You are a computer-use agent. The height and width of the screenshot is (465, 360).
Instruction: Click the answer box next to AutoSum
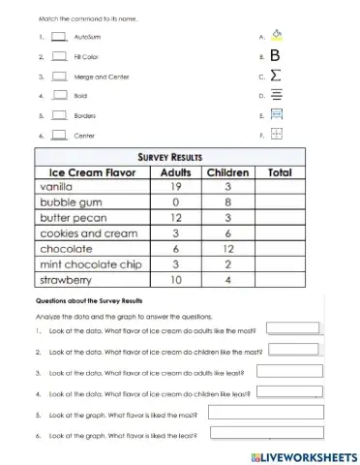[58, 37]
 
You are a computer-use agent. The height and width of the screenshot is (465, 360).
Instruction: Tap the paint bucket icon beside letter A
[277, 36]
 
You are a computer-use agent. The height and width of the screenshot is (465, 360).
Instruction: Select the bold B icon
[277, 55]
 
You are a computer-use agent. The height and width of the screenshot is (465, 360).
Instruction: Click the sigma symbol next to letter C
[277, 76]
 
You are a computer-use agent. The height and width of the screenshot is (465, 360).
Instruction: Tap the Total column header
[279, 172]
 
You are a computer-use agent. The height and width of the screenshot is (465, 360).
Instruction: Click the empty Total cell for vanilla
[279, 188]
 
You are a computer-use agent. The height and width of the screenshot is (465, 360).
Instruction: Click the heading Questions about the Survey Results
[89, 301]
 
